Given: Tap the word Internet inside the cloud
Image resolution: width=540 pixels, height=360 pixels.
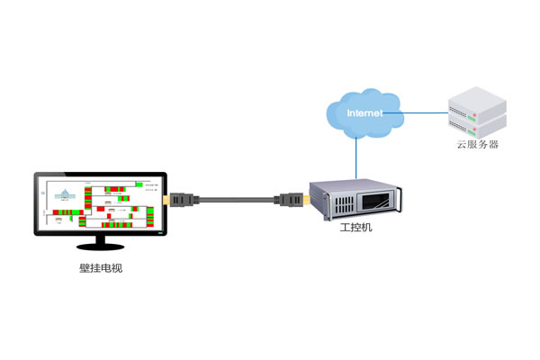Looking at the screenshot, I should click(364, 113).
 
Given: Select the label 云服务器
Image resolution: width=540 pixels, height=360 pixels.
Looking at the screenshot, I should click(476, 144).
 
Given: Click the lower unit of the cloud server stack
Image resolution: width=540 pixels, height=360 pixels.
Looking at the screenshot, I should click(476, 124).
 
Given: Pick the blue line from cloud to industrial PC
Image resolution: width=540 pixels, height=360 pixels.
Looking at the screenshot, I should click(358, 157).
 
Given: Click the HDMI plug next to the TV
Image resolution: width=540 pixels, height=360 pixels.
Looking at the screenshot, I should click(179, 198).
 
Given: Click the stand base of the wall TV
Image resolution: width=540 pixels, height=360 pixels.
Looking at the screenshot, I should click(100, 246).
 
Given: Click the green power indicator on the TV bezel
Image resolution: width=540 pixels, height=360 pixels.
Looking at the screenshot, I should click(161, 232).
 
